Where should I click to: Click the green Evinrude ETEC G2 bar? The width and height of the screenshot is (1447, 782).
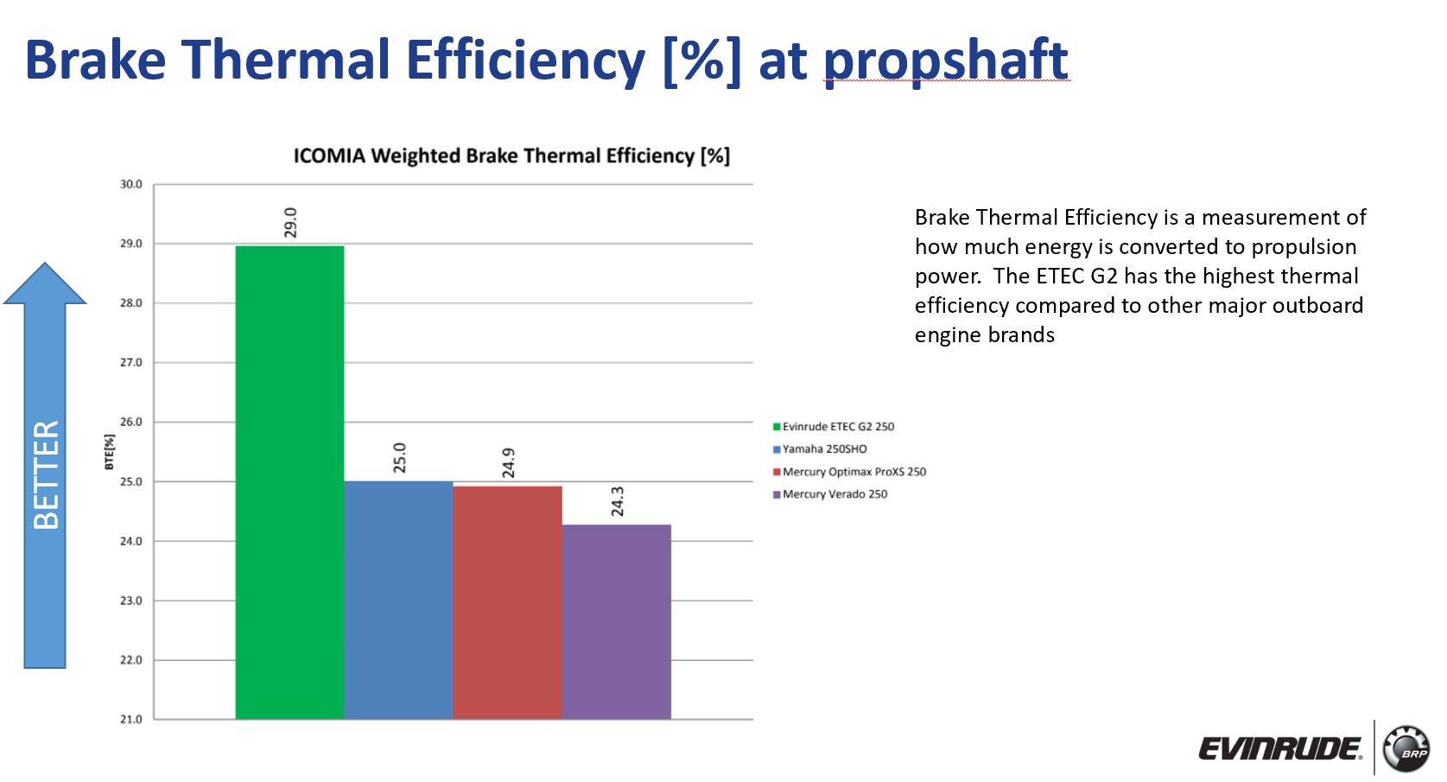point(289,482)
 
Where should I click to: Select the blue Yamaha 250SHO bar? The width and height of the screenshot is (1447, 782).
point(398,600)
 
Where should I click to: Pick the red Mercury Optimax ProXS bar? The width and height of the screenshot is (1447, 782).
point(508,602)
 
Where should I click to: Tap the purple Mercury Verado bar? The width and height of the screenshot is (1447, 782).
point(616,622)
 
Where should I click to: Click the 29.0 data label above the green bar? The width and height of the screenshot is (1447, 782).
point(290,222)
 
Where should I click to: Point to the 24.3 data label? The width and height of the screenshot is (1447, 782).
point(618,501)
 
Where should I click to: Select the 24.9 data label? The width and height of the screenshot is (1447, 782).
point(508,463)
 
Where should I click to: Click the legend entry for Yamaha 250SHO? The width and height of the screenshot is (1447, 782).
point(820,449)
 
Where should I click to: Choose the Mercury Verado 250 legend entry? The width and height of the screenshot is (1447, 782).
point(830,494)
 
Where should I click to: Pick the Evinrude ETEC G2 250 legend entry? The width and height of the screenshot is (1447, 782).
point(834,427)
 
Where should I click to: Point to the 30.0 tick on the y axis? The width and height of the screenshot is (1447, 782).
point(131,184)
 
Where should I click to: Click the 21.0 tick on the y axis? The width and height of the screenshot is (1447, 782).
point(131,719)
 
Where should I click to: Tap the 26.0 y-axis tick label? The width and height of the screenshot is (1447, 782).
point(131,422)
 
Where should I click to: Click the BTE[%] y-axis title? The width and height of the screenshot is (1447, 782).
point(109,452)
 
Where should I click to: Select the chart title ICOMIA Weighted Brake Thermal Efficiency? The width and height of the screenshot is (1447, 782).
point(511,156)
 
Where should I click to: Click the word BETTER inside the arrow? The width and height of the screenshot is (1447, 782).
point(46,475)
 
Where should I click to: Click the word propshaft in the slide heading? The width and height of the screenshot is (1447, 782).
point(946,61)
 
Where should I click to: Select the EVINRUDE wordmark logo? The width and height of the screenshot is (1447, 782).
point(1280,750)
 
